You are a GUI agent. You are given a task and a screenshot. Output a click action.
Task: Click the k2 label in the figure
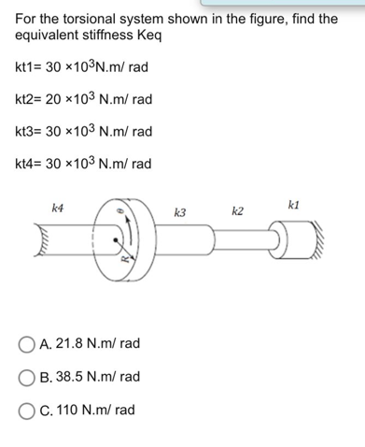tap(237, 212)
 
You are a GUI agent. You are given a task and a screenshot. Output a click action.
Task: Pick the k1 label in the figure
tap(295, 203)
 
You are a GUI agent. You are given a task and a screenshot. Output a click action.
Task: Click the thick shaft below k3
tap(187, 243)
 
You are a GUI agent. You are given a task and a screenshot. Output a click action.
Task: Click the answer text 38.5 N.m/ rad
tap(91, 377)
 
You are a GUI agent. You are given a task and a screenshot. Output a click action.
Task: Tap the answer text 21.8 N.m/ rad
tap(91, 343)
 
